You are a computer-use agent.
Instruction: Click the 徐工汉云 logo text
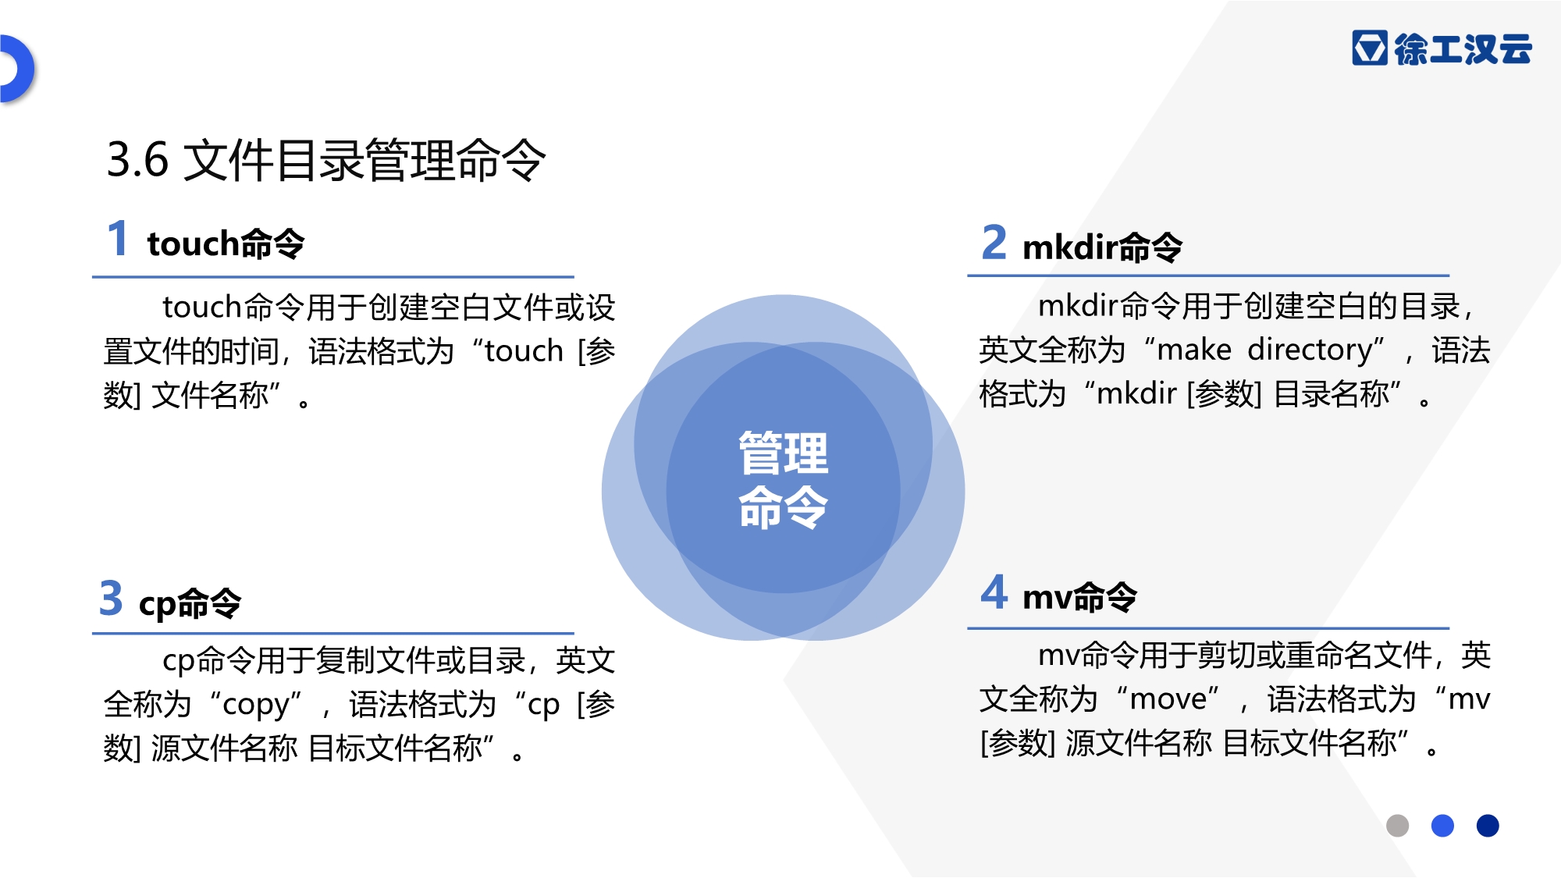tap(1463, 49)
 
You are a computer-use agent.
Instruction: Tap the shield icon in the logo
tap(1370, 48)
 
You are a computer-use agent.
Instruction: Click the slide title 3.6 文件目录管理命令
tap(326, 160)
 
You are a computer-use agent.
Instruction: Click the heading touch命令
tap(226, 243)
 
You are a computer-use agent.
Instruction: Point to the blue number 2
tap(994, 242)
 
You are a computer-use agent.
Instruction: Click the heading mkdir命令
tap(1102, 247)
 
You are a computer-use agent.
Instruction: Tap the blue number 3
tap(112, 598)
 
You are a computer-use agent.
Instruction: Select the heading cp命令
tap(190, 603)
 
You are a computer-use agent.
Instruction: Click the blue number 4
tap(994, 592)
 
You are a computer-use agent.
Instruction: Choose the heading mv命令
tap(1079, 598)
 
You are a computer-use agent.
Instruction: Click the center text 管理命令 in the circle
tap(783, 480)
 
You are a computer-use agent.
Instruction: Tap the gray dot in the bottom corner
tap(1397, 825)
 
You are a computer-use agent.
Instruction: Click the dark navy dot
tap(1488, 825)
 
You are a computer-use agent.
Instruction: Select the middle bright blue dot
tap(1442, 825)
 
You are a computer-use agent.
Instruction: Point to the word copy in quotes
tap(257, 706)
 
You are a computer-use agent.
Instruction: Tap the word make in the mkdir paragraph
tap(1194, 350)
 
